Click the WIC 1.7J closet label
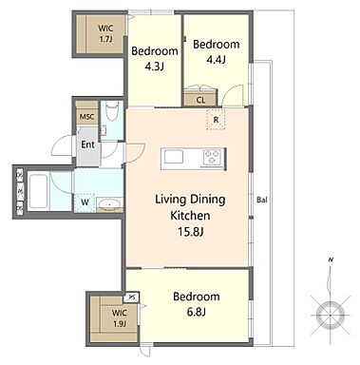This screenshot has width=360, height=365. (105, 33)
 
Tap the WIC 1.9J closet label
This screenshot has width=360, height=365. (120, 318)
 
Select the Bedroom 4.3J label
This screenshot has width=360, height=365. (155, 59)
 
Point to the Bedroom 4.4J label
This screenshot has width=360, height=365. (216, 51)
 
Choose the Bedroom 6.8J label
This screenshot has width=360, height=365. (197, 304)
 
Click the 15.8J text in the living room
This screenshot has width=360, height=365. (190, 232)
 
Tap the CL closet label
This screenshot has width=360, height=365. (200, 101)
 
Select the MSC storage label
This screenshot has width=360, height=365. (86, 117)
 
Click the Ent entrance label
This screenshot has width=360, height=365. (87, 144)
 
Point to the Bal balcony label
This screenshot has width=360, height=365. (261, 200)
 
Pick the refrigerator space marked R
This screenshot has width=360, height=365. (216, 120)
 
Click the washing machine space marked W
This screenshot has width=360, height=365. (85, 202)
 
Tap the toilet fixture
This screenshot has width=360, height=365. (111, 111)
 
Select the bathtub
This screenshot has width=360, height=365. (38, 192)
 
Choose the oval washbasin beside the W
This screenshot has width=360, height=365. (109, 203)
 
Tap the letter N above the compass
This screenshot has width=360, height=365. (331, 260)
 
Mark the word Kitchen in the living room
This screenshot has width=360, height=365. (190, 216)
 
